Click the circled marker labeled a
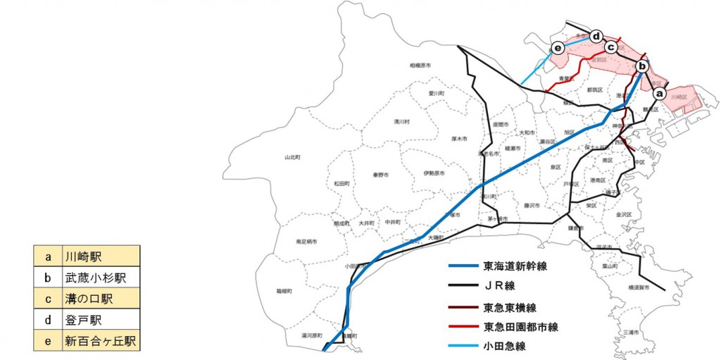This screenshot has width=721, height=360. coord(659,92)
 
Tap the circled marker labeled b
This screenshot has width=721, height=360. coord(641,66)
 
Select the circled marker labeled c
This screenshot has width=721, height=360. coord(611,47)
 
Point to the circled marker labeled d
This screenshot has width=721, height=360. coord(596,35)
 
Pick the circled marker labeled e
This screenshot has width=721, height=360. coord(558,48)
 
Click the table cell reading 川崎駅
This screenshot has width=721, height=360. coord(99,256)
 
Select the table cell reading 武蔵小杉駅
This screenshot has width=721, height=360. coord(99,278)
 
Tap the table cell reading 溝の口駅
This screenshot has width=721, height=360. coord(99,299)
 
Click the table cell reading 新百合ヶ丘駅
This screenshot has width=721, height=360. coord(99,342)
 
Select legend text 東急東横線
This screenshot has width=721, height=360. coord(510,308)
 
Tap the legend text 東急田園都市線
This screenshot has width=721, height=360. coord(520,327)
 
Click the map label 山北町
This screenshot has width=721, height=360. coord(292,156)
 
